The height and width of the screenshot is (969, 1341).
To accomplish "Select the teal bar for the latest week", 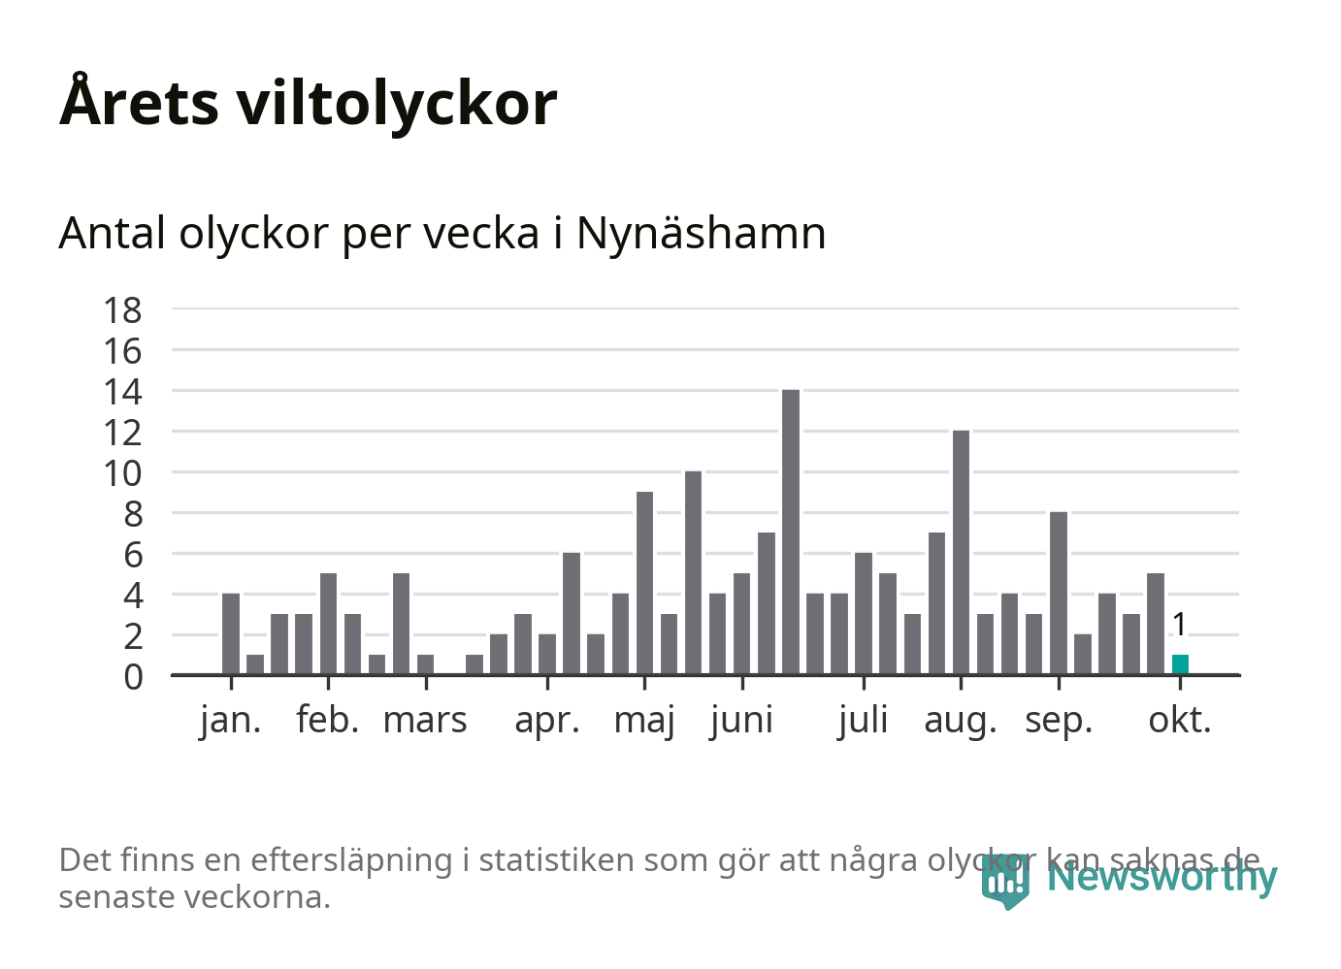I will [x=1180, y=664].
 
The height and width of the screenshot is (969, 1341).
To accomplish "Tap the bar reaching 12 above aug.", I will [x=961, y=552].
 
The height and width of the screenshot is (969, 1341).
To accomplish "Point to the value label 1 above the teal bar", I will [x=1179, y=625].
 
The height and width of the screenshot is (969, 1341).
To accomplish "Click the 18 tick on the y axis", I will [x=123, y=310].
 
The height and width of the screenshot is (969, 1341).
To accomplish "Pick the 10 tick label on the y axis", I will [x=123, y=474].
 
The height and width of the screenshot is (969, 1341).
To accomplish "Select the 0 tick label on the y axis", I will [x=133, y=677].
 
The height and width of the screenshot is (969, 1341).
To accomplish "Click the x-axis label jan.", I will [x=231, y=721].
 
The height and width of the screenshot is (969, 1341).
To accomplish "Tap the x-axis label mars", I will [x=425, y=721].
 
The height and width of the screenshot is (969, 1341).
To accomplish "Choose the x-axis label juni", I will [x=742, y=721].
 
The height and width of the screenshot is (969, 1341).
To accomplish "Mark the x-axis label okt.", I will [x=1180, y=721].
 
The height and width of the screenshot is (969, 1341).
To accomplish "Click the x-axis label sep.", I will [x=1059, y=721].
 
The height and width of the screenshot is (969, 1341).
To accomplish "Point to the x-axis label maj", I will [x=644, y=721].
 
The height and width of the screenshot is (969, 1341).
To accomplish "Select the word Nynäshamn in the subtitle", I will [x=701, y=233].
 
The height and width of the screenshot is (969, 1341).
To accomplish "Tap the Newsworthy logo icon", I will [x=1004, y=880].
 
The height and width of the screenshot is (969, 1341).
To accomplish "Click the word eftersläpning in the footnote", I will [x=352, y=860].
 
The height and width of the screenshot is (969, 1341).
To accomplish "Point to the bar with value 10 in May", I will [x=693, y=572].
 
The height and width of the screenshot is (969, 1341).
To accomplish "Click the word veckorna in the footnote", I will [x=258, y=897].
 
